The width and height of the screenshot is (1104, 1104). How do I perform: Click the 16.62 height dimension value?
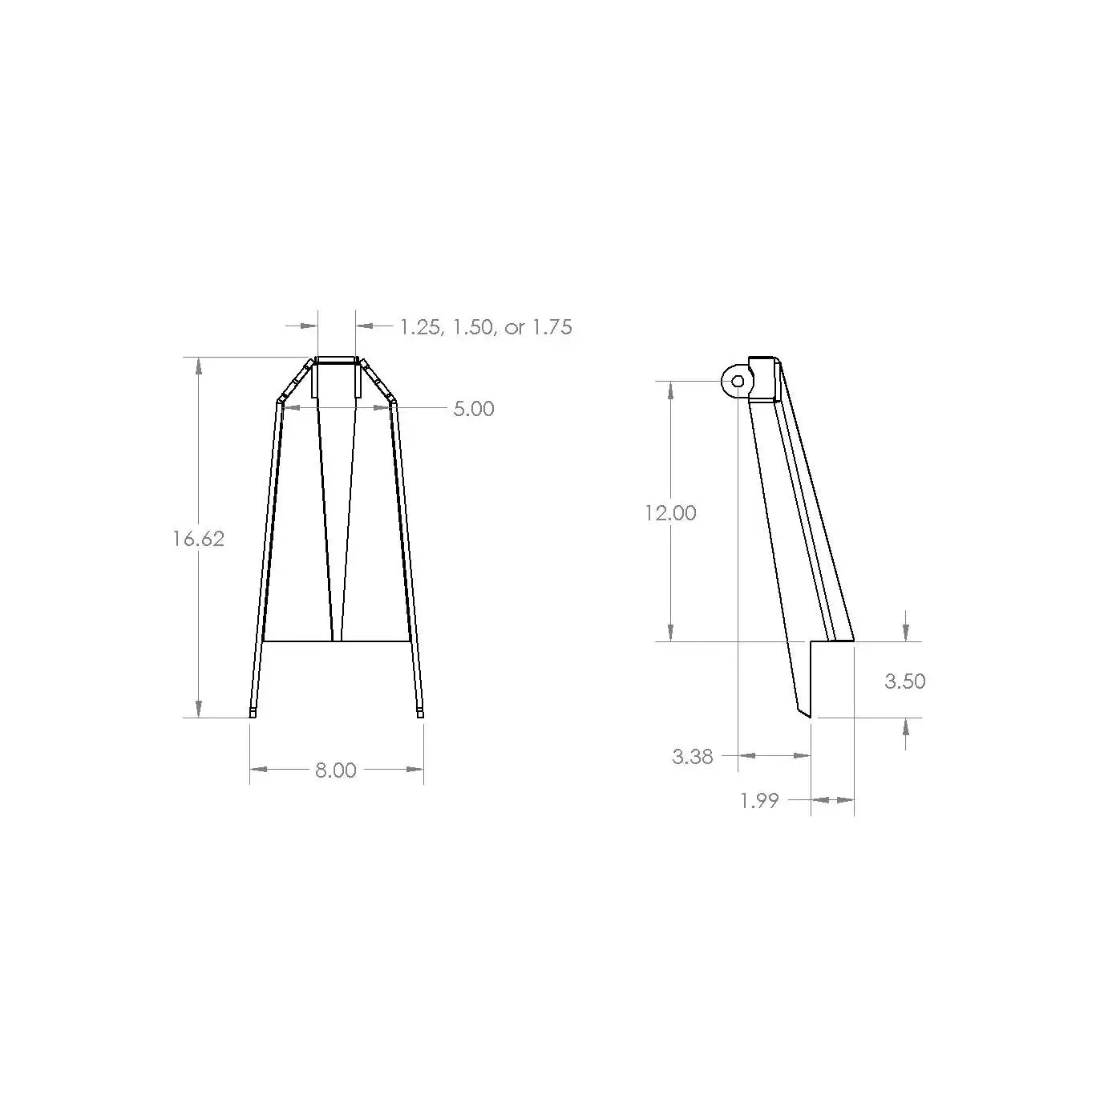pos(198,539)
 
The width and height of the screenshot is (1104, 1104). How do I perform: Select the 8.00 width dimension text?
pos(336,770)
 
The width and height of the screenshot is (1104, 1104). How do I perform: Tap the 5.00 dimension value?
pos(474,408)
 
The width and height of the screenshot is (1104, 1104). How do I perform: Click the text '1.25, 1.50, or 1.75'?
pos(486,327)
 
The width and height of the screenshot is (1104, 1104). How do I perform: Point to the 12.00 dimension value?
pos(670,513)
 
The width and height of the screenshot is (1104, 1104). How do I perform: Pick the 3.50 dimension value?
pos(905,681)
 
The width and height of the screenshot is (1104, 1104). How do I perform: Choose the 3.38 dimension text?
pos(693,757)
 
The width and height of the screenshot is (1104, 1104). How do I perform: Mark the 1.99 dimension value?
pos(760,801)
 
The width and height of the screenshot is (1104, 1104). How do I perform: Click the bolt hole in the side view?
pos(738,381)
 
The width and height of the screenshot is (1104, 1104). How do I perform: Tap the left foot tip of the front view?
pos(253,714)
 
